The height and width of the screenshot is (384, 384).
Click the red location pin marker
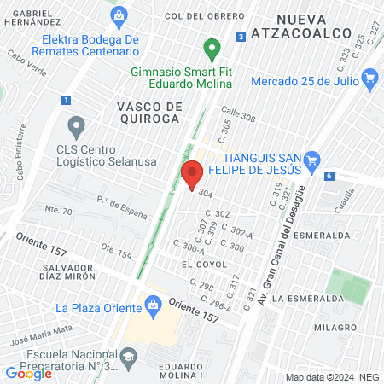coord(191,176)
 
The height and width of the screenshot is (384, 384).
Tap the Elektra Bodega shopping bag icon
coord(119,15)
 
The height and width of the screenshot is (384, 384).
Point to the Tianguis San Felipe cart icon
coord(311,159)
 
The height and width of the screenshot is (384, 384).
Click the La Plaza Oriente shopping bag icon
coord(152,304)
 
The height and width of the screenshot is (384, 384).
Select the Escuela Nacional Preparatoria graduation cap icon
coord(128,357)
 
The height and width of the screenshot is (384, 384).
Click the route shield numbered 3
coord(242,37)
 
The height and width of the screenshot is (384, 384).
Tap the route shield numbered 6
coord(329,176)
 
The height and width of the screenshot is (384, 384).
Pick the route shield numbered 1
coord(66,101)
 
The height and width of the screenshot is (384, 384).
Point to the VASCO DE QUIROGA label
coord(147,112)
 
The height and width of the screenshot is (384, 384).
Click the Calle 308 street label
coord(239,112)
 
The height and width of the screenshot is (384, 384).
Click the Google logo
coord(28,373)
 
